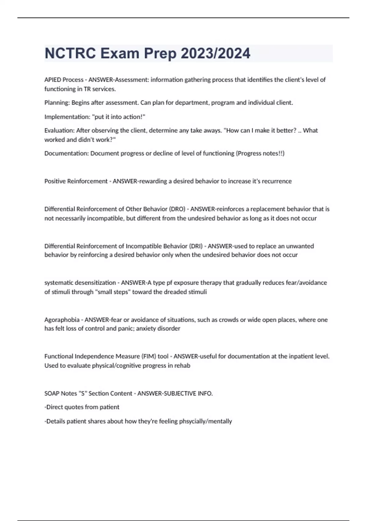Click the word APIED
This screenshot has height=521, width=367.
tap(53, 80)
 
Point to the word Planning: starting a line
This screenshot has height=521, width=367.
tap(57, 103)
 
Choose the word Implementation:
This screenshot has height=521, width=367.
tap(67, 117)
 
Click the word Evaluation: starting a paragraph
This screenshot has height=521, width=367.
tap(59, 131)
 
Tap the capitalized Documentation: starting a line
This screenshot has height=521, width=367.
tap(66, 153)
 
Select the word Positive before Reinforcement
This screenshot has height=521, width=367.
tap(55, 181)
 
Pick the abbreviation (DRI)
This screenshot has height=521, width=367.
tap(196, 246)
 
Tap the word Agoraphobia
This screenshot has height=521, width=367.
tap(62, 320)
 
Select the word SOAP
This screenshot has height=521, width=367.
tap(52, 394)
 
